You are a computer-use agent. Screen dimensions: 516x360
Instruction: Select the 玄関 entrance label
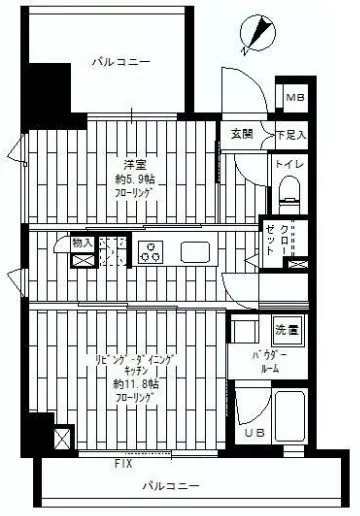pos(243,133)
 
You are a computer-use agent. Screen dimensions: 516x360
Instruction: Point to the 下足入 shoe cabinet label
pos(291,133)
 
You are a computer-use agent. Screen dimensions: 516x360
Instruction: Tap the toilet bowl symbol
pos(288,189)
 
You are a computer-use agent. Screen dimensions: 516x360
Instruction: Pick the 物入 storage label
pos(82,242)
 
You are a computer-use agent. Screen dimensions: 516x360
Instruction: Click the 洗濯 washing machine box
pos(288,329)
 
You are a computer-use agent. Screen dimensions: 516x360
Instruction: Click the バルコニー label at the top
pos(120,62)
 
